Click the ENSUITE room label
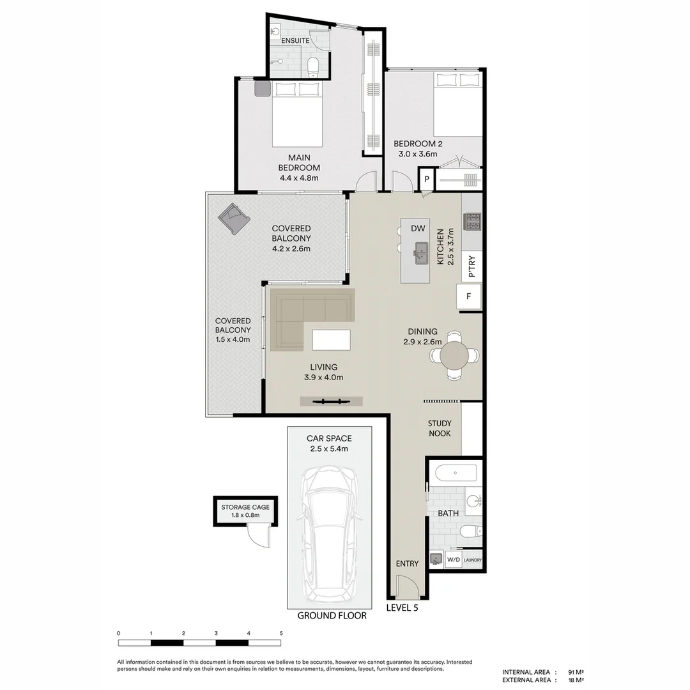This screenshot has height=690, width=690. (x=295, y=41)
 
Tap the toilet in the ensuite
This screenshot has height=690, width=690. (x=312, y=66)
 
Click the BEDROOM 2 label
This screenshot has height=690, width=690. (x=417, y=149)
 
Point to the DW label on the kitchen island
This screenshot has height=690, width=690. (x=418, y=228)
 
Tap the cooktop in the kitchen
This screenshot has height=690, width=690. (x=472, y=222)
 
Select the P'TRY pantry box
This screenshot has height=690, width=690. (x=471, y=267)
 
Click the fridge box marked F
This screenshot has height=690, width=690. (x=469, y=296)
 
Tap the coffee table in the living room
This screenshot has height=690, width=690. (x=331, y=339)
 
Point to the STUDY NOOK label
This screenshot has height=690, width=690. (x=440, y=428)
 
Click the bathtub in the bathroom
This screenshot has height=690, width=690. (x=456, y=473)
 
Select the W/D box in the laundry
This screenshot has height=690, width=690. (x=454, y=560)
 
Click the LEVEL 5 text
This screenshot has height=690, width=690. (x=402, y=608)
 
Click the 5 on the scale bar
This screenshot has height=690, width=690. (x=281, y=633)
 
